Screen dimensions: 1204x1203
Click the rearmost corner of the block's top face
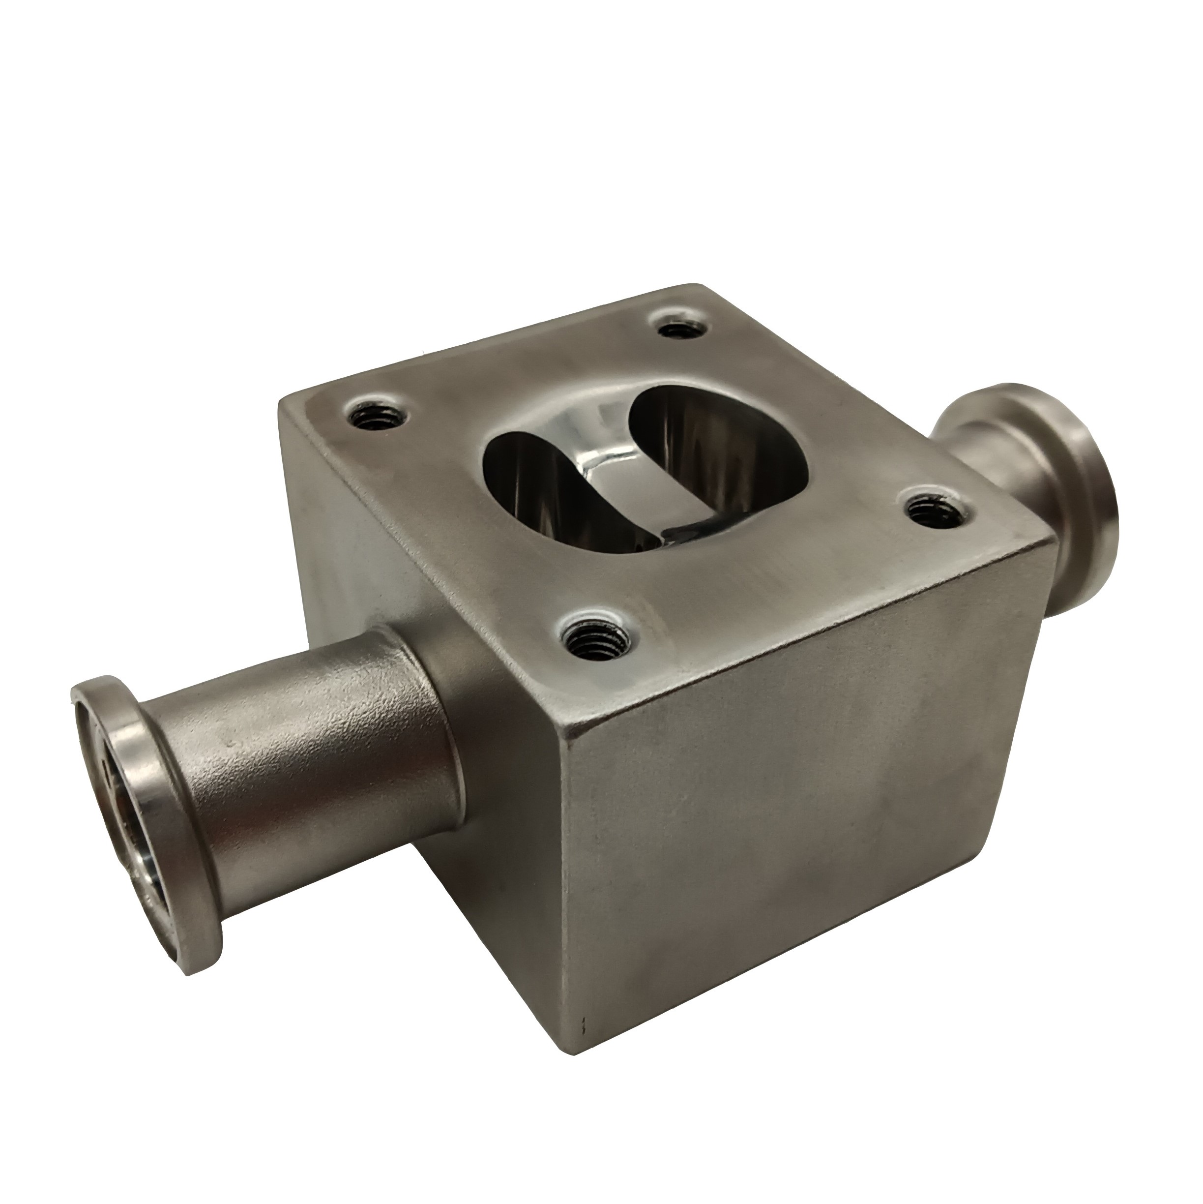click(x=698, y=288)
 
